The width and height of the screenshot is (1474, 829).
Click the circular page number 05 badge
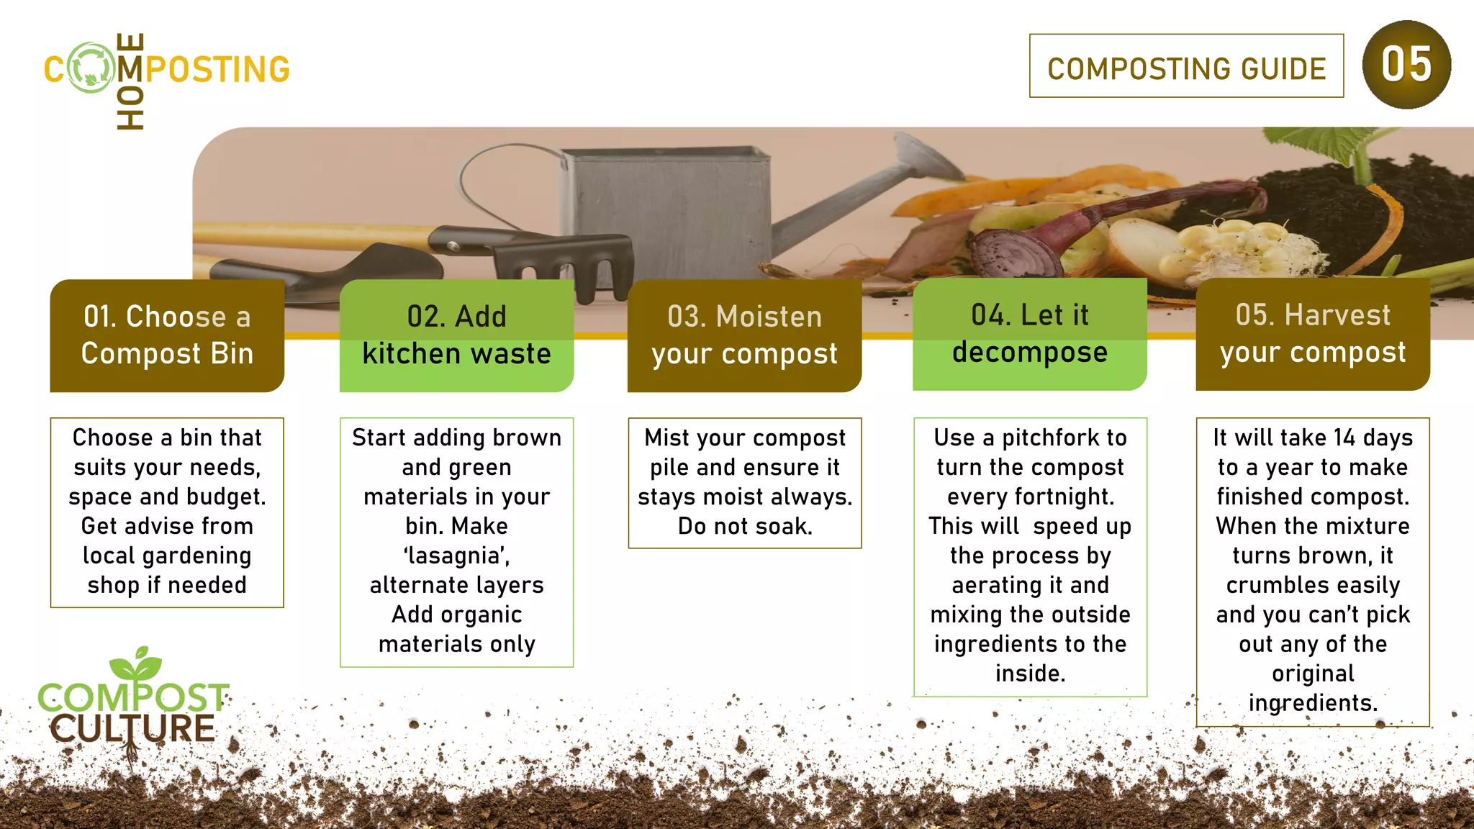1406,65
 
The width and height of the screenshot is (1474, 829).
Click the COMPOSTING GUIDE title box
1186,66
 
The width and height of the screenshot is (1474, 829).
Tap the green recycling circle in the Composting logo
91,68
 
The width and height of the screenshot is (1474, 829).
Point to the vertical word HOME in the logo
130,81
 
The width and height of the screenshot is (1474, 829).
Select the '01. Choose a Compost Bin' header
167,335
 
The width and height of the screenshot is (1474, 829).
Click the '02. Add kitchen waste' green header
456,335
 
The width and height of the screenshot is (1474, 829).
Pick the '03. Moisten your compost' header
744,335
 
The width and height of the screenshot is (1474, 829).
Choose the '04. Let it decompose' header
1029,334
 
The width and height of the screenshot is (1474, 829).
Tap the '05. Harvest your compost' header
1312,334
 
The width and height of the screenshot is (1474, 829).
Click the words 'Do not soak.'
745,526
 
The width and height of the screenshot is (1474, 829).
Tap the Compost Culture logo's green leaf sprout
137,663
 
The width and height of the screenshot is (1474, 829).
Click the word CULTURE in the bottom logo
133,728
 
